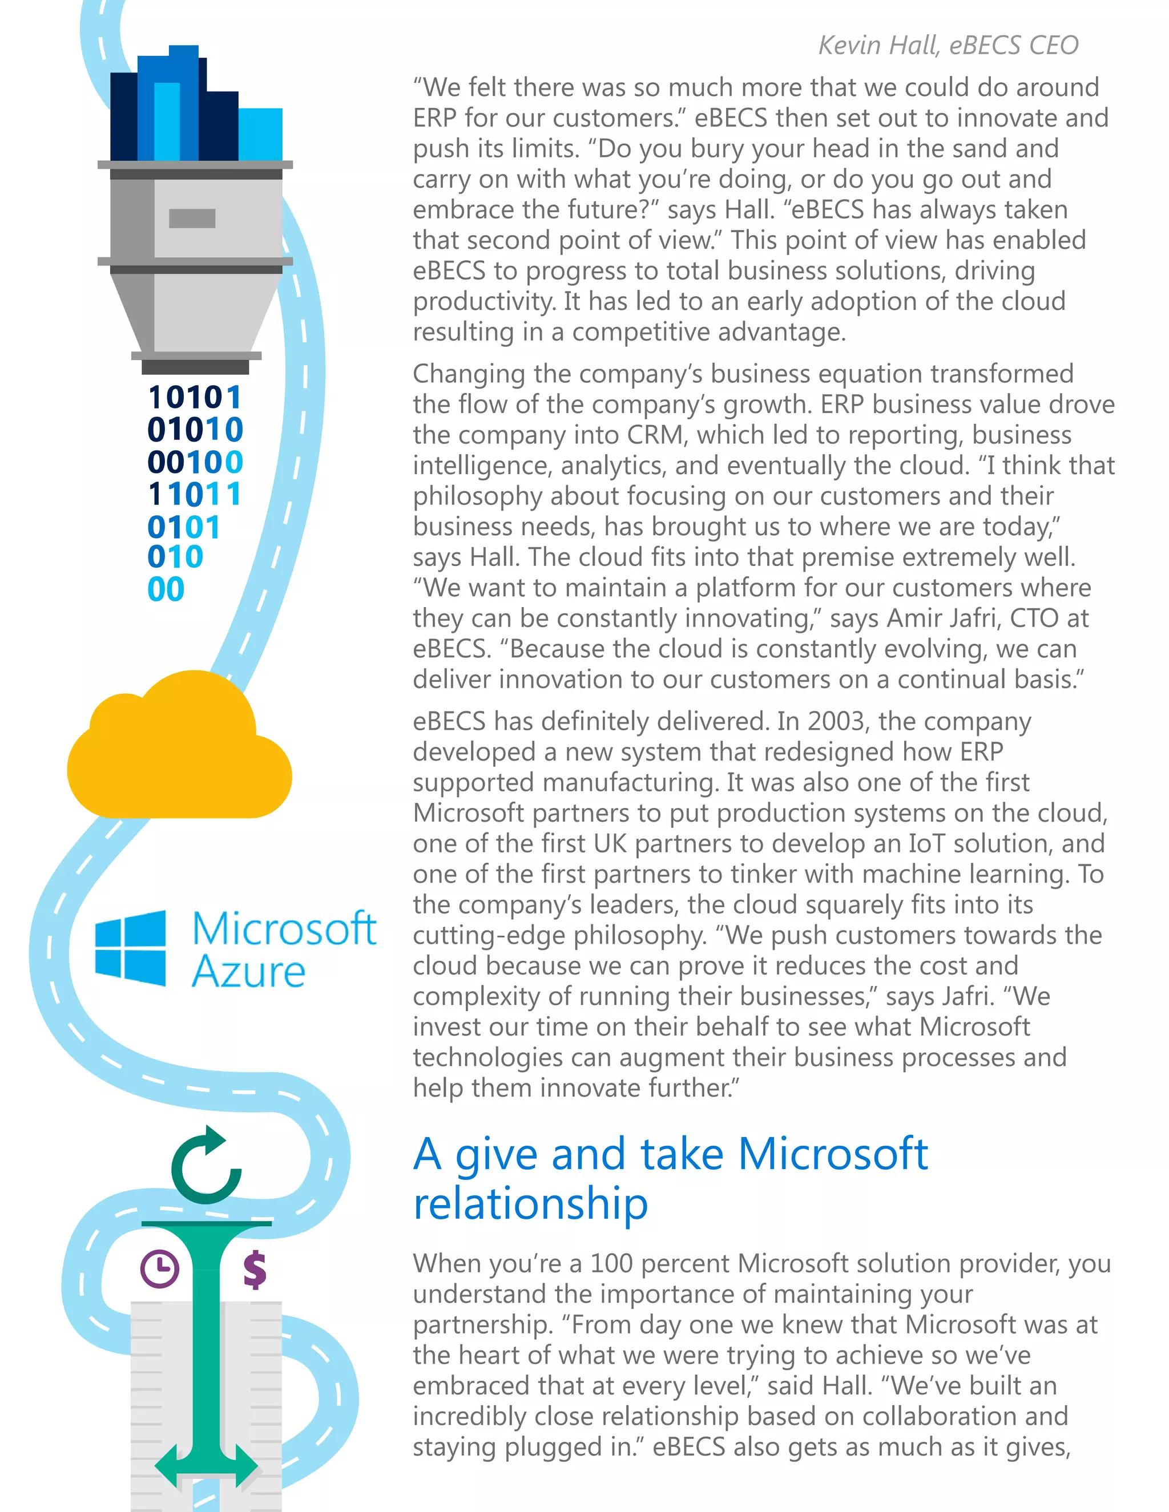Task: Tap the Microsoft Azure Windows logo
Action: pos(130,948)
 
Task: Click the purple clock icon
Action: pos(159,1268)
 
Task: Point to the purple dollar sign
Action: pos(255,1268)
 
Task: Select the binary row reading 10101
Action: pos(195,397)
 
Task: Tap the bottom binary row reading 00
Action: pos(166,589)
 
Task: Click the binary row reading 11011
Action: pos(195,494)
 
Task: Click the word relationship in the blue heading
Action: pos(530,1204)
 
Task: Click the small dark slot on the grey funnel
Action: pos(192,218)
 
